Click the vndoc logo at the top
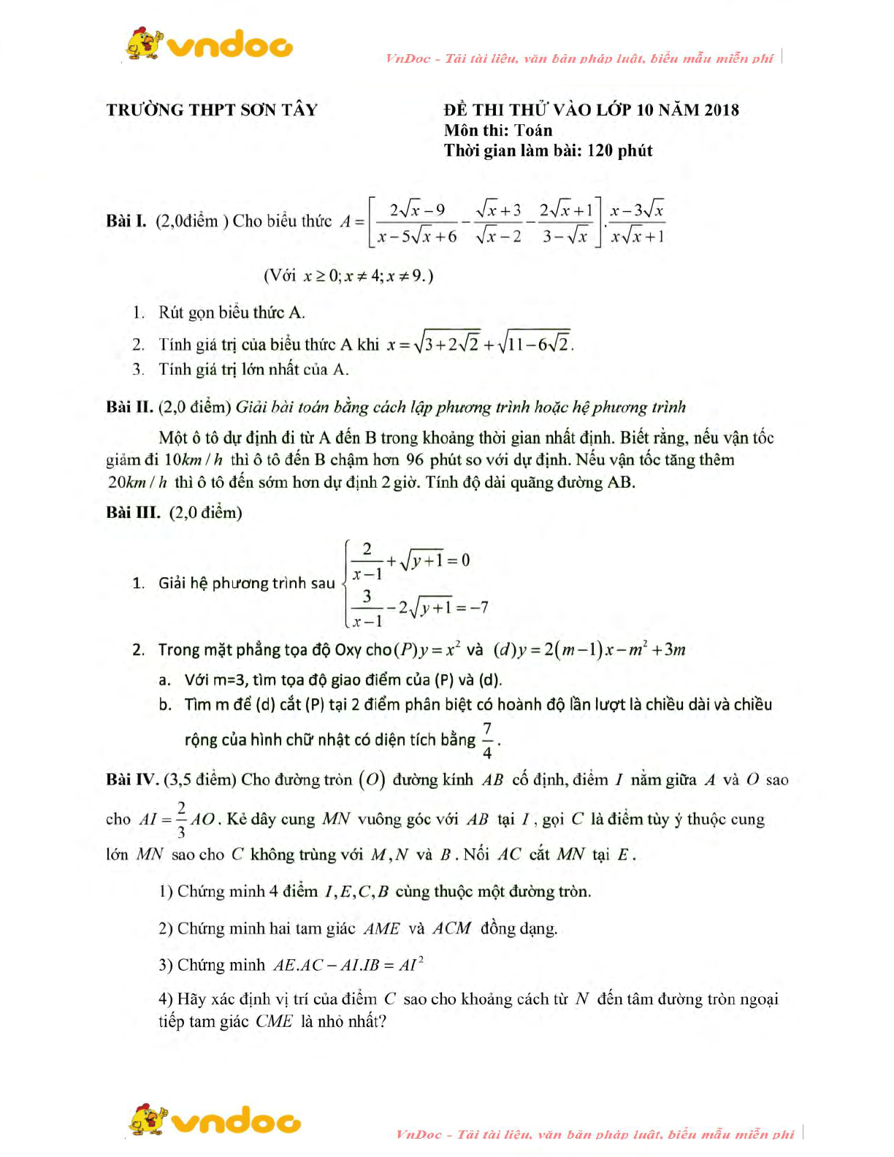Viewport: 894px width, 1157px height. pyautogui.click(x=210, y=45)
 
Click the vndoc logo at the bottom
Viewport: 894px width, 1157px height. pyautogui.click(x=215, y=1121)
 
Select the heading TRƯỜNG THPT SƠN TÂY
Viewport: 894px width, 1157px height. pyautogui.click(x=212, y=110)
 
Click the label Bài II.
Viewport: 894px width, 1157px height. pyautogui.click(x=129, y=407)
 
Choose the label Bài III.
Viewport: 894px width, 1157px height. pyautogui.click(x=132, y=512)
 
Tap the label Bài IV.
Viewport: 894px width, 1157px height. pyautogui.click(x=131, y=779)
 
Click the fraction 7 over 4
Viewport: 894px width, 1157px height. pyautogui.click(x=487, y=740)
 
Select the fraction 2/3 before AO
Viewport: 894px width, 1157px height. pyautogui.click(x=180, y=819)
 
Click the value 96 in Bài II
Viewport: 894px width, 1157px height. pyautogui.click(x=414, y=459)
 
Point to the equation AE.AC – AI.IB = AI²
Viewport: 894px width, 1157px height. pyautogui.click(x=348, y=965)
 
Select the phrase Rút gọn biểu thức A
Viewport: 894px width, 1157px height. pyautogui.click(x=232, y=313)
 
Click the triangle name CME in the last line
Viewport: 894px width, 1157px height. pyautogui.click(x=274, y=1021)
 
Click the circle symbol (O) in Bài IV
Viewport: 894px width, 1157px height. pyautogui.click(x=371, y=779)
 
